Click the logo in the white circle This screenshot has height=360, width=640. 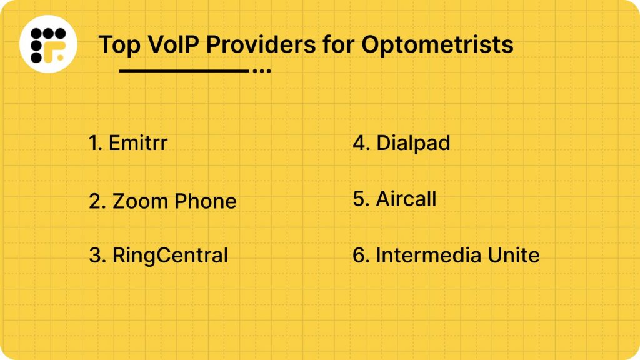tap(48, 45)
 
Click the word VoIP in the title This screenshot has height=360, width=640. tap(168, 44)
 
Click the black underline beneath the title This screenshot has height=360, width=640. tap(184, 71)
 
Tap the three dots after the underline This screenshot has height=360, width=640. tap(261, 71)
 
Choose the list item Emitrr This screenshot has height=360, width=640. tap(138, 143)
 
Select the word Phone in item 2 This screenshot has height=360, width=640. tap(206, 201)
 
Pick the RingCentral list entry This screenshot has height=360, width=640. tap(170, 256)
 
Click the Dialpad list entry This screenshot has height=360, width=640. tap(412, 143)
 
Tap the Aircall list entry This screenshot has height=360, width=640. tap(406, 199)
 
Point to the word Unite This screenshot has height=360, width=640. tap(509, 256)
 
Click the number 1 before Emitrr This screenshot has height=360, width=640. tap(94, 143)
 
